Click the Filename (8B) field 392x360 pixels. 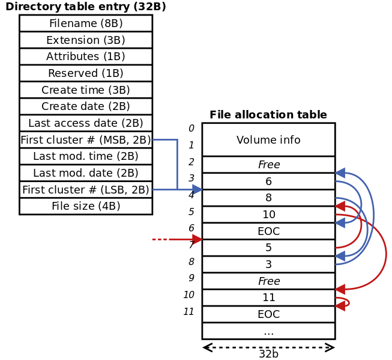click(x=86, y=23)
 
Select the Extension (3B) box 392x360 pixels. click(x=86, y=40)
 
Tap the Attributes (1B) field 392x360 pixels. click(x=86, y=56)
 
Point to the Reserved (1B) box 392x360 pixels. click(x=86, y=73)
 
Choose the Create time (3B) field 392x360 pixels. click(x=86, y=90)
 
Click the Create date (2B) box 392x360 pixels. click(x=86, y=106)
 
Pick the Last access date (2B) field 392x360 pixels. click(x=86, y=123)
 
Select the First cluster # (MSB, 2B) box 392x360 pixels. click(x=86, y=140)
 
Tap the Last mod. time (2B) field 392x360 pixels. click(x=86, y=156)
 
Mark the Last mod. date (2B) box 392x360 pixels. click(x=86, y=173)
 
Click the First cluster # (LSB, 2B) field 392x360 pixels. click(x=86, y=190)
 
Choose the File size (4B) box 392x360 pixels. click(x=86, y=206)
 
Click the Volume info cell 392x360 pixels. click(x=268, y=140)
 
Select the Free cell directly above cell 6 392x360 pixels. click(x=268, y=165)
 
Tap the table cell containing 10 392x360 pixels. click(x=268, y=215)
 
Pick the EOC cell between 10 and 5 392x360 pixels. click(x=268, y=231)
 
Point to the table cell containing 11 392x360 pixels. click(x=268, y=297)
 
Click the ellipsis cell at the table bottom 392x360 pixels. click(x=268, y=331)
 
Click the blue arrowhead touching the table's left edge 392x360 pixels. click(x=198, y=190)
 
